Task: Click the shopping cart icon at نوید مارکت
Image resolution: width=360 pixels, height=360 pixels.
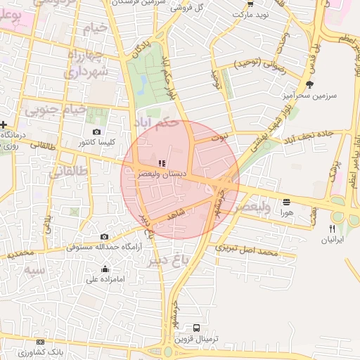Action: tap(250, 4)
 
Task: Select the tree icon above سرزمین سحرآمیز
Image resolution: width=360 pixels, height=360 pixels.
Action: tap(310, 84)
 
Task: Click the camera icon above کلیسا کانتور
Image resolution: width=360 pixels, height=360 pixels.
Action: tap(96, 131)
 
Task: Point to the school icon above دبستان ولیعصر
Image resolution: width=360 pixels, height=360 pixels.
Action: tap(162, 163)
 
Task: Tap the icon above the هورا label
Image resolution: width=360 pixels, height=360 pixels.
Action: tap(287, 202)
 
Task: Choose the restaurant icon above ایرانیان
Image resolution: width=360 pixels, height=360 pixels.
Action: tap(333, 229)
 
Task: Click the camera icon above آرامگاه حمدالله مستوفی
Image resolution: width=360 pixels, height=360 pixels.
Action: tap(104, 237)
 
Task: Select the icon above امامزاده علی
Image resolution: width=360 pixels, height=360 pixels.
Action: tap(105, 269)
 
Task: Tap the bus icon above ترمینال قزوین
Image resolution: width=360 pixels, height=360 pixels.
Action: tap(196, 328)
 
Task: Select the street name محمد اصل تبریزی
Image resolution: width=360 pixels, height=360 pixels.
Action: tap(247, 250)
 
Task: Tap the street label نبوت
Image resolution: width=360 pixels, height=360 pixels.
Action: tap(221, 139)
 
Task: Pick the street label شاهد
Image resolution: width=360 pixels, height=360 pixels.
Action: tap(176, 214)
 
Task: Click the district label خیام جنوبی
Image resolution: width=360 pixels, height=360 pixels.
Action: tap(56, 110)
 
